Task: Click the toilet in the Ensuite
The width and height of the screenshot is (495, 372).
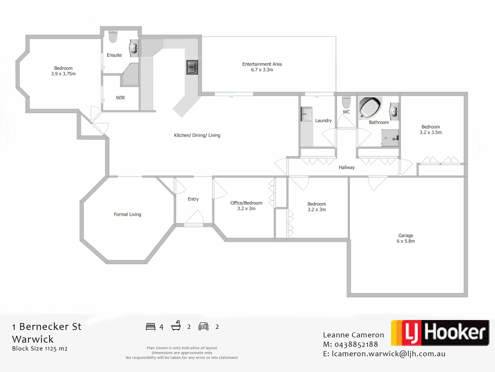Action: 113,36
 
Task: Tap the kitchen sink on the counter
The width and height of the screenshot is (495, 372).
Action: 192,67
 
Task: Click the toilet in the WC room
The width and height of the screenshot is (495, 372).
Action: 346,102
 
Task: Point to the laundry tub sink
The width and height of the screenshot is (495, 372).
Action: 306,114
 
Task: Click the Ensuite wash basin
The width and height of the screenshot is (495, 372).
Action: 134,48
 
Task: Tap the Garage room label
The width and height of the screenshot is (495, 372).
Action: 406,236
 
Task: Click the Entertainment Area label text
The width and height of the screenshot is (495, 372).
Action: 262,64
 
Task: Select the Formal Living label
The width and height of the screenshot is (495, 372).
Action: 128,214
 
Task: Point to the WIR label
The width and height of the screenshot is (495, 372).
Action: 120,98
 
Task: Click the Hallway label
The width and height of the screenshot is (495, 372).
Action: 347,168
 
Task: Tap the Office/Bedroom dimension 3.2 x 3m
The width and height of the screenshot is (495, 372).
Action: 246,208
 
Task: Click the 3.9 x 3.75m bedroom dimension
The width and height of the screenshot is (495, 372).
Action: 63,74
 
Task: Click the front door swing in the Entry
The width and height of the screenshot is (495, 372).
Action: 194,217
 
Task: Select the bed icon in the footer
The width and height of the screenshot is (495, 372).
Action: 151,327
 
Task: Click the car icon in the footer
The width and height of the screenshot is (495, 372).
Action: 203,327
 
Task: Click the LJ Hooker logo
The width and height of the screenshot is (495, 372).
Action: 440,333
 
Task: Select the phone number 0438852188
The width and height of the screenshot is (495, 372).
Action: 356,345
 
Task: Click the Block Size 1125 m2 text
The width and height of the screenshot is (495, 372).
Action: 40,348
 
